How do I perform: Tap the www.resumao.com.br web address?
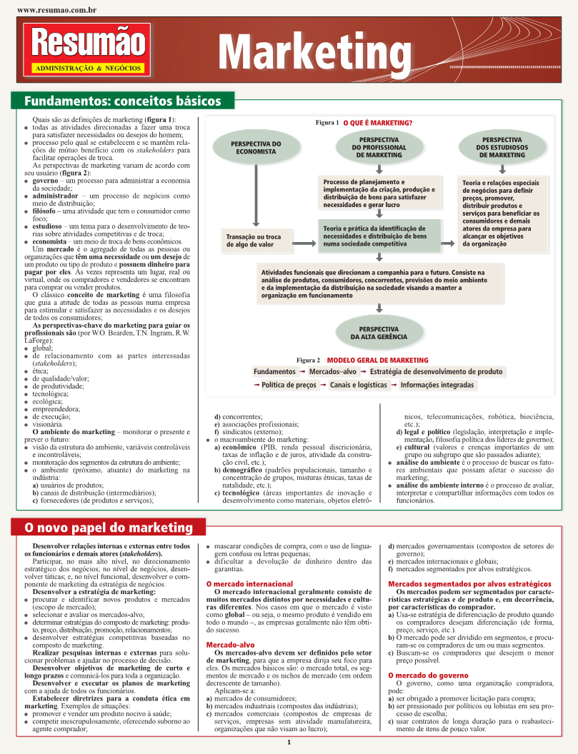pyautogui.click(x=56, y=11)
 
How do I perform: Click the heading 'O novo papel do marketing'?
pyautogui.click(x=109, y=528)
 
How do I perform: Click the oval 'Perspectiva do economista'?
pyautogui.click(x=255, y=148)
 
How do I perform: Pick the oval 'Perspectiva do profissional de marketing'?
pyautogui.click(x=379, y=146)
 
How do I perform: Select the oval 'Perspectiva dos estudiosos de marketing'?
pyautogui.click(x=502, y=146)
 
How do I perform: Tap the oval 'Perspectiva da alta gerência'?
pyautogui.click(x=379, y=332)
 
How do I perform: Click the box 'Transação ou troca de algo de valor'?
pyautogui.click(x=254, y=241)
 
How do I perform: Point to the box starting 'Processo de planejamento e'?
pyautogui.click(x=379, y=193)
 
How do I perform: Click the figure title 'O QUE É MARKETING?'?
pyautogui.click(x=377, y=123)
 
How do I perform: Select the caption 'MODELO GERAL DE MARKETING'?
pyautogui.click(x=382, y=361)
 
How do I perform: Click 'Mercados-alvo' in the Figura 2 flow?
pyautogui.click(x=333, y=372)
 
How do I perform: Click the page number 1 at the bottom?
pyautogui.click(x=289, y=743)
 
